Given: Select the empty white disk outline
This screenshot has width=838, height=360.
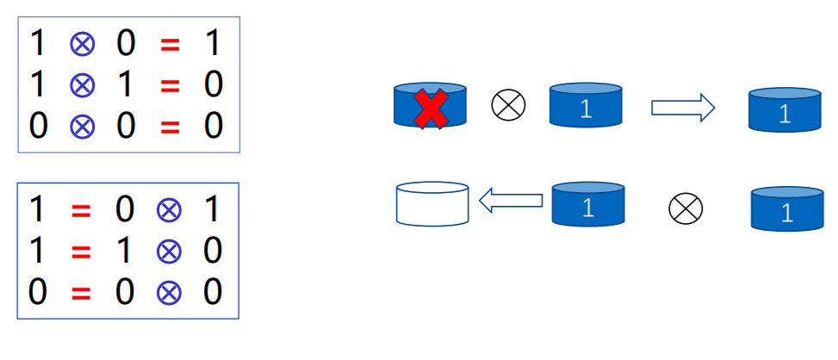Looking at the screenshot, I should pyautogui.click(x=431, y=204).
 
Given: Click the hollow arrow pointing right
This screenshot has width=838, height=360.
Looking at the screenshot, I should pyautogui.click(x=683, y=108).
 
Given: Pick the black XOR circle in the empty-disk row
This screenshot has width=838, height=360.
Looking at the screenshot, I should pyautogui.click(x=686, y=207).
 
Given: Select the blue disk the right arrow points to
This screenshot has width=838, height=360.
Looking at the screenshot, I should pyautogui.click(x=785, y=109).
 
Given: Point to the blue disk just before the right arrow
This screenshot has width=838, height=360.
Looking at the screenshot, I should pyautogui.click(x=586, y=106).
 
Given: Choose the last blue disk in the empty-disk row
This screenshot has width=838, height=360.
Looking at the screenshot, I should pyautogui.click(x=786, y=209).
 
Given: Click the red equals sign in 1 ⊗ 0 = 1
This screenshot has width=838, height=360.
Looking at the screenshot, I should pyautogui.click(x=171, y=44).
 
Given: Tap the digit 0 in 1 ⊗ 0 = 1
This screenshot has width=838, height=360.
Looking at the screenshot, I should pyautogui.click(x=126, y=43).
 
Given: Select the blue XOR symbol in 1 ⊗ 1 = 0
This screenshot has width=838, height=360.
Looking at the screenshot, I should pyautogui.click(x=82, y=84).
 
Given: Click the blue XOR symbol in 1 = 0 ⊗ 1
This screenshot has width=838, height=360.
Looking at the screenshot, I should pyautogui.click(x=169, y=209).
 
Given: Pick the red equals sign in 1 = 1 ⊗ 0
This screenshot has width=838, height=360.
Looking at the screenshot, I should pyautogui.click(x=81, y=251).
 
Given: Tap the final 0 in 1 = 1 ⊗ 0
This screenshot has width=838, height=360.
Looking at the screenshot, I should pyautogui.click(x=212, y=251).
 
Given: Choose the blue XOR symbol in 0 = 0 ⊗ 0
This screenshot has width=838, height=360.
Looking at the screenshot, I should pyautogui.click(x=169, y=293).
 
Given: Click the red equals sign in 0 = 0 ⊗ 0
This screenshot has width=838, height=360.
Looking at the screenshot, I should pyautogui.click(x=81, y=293).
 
